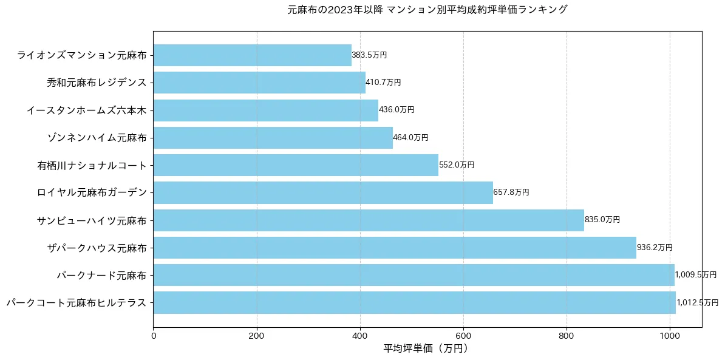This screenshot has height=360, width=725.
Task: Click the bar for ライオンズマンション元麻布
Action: pos(252,55)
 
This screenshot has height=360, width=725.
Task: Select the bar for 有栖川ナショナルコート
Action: pos(296,165)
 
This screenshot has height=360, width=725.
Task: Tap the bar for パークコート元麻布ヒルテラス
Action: pos(414,302)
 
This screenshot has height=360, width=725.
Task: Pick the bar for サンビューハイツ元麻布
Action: pos(369,220)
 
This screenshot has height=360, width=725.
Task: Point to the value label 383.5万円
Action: pos(369,55)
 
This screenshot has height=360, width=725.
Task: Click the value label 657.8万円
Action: pos(511,192)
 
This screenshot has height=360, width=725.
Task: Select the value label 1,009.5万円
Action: pos(696,275)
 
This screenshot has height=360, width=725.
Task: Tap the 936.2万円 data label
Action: pos(655,248)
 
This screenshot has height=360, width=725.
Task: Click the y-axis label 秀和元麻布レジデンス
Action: pos(97,83)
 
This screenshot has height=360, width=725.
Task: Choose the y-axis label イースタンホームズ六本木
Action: pos(87,110)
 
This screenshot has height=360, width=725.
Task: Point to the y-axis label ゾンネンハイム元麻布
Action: pos(97,138)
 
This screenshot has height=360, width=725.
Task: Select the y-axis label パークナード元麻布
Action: pos(101,275)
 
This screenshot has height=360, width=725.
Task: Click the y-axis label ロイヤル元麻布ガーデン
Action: pos(92,192)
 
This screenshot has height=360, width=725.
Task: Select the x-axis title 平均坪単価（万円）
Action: pos(427,348)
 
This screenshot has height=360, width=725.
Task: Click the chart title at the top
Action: pos(427,10)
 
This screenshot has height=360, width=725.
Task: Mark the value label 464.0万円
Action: pos(410,138)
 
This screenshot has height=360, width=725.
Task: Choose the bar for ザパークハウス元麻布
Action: pos(395,248)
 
